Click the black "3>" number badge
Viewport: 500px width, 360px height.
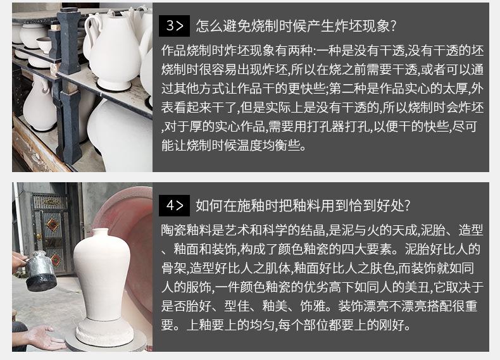[174, 26]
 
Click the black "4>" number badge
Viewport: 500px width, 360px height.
[174, 206]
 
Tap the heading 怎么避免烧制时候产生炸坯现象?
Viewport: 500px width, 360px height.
[296, 26]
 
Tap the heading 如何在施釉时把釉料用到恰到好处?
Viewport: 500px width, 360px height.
[303, 206]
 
